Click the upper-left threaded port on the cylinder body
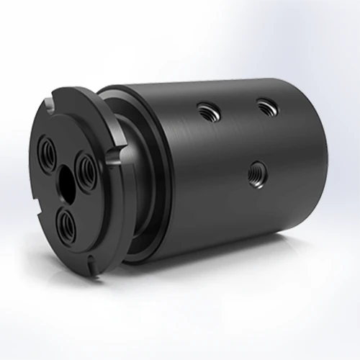[206, 109]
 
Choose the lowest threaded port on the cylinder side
[254, 171]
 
